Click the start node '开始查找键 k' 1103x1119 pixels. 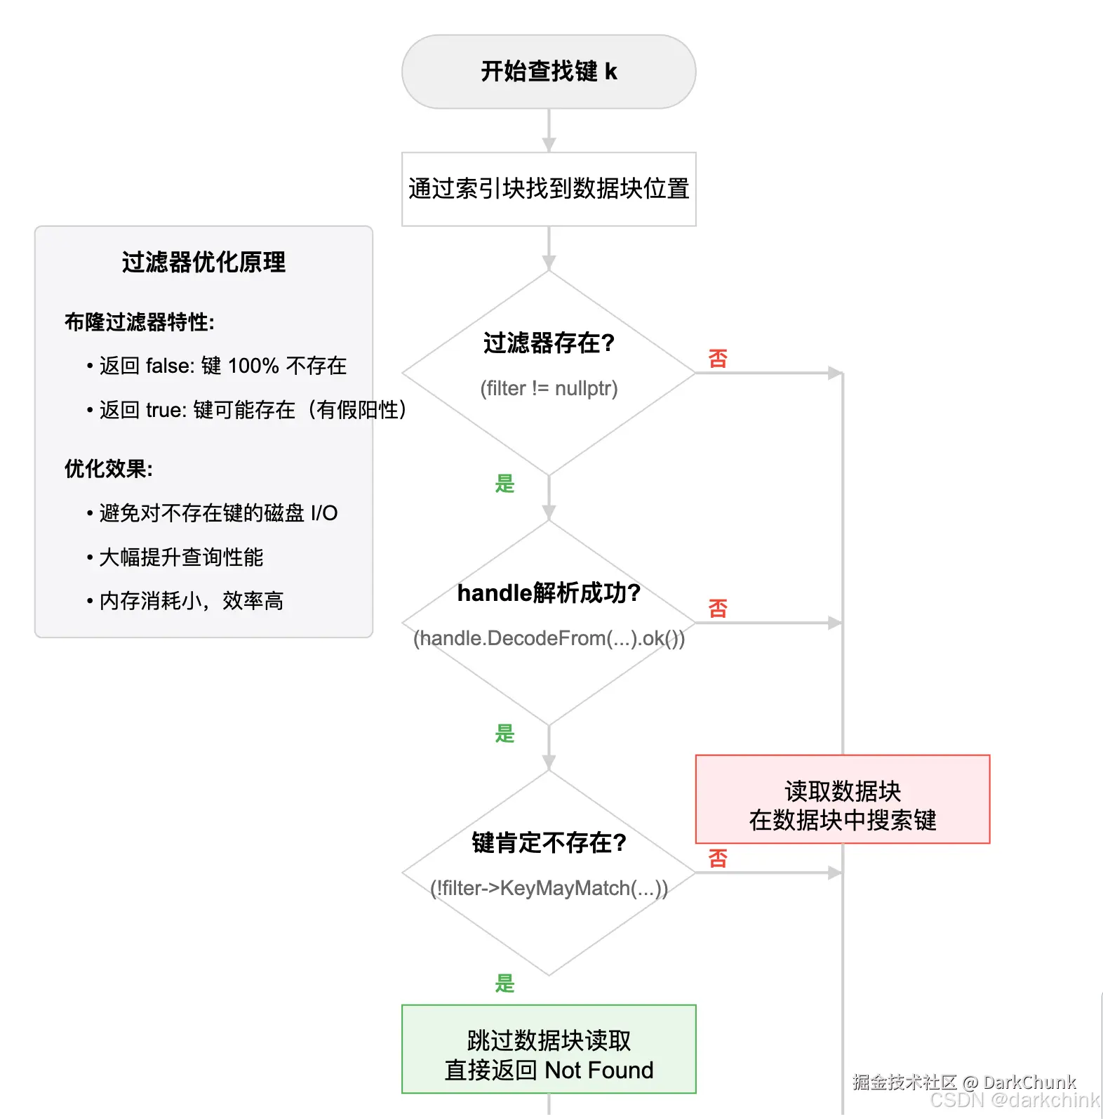point(549,72)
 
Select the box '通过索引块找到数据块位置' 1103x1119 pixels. point(549,189)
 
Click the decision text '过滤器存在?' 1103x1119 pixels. point(549,343)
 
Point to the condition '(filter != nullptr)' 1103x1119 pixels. point(549,388)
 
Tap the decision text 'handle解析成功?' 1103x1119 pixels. point(549,593)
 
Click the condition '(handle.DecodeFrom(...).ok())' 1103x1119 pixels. point(549,638)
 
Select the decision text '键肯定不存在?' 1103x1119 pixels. point(549,842)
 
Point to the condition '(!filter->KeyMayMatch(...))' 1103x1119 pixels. point(549,888)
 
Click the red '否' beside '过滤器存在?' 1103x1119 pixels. point(718,359)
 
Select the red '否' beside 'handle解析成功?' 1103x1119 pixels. point(718,608)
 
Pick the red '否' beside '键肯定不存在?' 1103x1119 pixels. point(718,858)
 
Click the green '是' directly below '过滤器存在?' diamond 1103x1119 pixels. point(504,484)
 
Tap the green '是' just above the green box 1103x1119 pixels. point(504,983)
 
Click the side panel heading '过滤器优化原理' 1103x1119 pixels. point(203,263)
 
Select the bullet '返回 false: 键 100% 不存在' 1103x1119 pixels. point(222,366)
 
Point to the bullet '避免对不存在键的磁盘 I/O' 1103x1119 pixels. point(218,513)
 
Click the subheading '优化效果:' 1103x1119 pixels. point(109,469)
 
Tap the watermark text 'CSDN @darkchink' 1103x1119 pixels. point(1014,1100)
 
